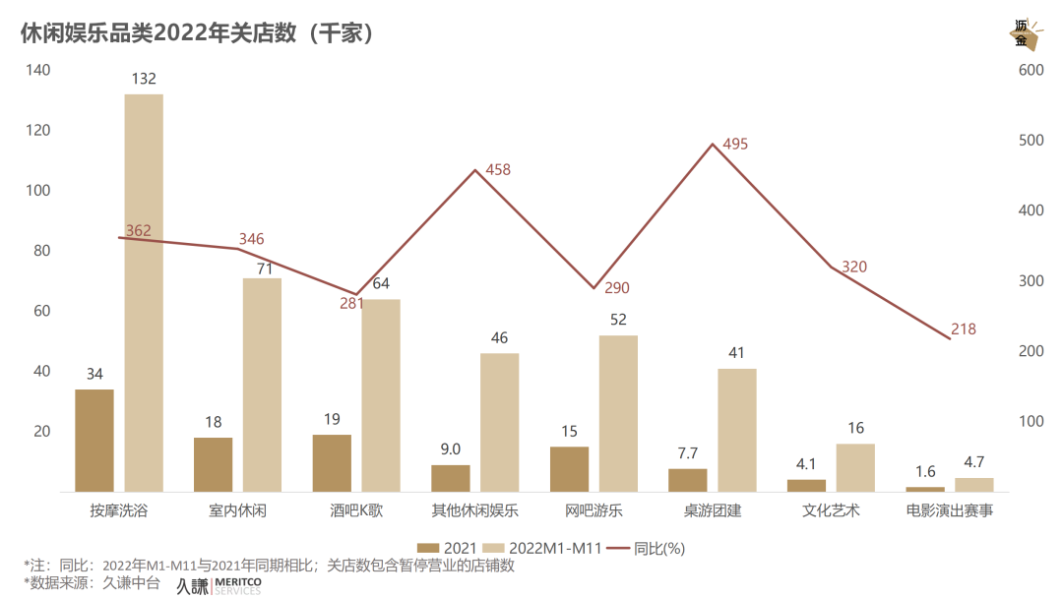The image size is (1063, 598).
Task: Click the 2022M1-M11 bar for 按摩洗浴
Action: point(144,293)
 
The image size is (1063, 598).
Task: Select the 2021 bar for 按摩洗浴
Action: point(94,441)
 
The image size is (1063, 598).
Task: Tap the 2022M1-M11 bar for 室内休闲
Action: point(262,385)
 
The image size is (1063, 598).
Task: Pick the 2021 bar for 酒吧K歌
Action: point(332,463)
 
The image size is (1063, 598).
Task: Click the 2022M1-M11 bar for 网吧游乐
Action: point(618,413)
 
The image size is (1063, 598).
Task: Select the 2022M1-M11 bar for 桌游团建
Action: point(736,430)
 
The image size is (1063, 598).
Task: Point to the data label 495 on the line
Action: point(735,145)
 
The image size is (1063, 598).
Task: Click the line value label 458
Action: point(498,170)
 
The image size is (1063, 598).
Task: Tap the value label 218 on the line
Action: point(964,329)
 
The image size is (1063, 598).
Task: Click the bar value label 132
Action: point(144,79)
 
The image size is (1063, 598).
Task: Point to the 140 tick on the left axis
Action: point(38,70)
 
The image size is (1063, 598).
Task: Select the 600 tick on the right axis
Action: point(1031,70)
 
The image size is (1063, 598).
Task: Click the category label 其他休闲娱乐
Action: point(475,511)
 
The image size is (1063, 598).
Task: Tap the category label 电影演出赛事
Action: point(949,511)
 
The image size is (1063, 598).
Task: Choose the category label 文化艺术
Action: point(831,511)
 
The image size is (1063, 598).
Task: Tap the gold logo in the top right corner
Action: point(1025,35)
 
